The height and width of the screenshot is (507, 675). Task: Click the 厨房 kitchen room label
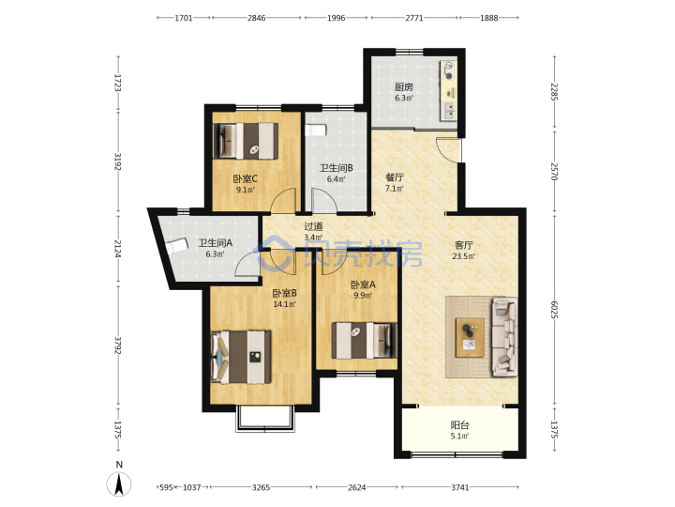[x=404, y=86]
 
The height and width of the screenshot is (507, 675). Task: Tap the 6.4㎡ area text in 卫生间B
[x=336, y=179]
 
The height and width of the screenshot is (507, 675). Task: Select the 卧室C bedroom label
[x=246, y=178]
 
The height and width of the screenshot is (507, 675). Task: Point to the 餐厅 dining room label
[x=395, y=177]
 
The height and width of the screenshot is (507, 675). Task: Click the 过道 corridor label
[x=313, y=226]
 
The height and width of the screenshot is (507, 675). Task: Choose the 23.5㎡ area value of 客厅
[x=464, y=256]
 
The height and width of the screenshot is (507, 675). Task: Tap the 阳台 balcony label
[x=459, y=425]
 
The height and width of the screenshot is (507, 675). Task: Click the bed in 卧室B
[x=241, y=357]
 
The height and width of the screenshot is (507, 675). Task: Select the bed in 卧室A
[x=364, y=340]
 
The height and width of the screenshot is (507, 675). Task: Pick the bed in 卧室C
[x=246, y=141]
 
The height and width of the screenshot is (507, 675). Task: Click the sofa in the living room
[x=505, y=337]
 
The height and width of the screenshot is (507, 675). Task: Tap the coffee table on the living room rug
[x=470, y=337]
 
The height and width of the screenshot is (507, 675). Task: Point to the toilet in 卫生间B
[x=316, y=131]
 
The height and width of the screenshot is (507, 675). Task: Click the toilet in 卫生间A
[x=177, y=245]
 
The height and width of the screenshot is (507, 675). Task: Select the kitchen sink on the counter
[x=448, y=111]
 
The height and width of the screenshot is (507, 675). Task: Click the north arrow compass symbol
[x=119, y=484]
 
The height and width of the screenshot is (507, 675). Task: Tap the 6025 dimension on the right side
[x=554, y=311]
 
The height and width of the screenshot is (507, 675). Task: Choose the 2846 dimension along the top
[x=257, y=18]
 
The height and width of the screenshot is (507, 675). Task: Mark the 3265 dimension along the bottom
[x=261, y=487]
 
